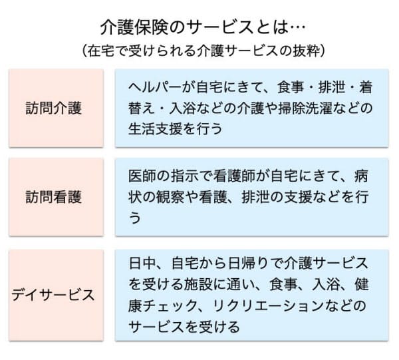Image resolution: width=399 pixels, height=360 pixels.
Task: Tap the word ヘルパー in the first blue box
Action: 155,87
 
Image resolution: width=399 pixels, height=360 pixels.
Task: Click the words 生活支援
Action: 156,128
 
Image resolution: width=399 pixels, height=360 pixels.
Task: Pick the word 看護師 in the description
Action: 234,176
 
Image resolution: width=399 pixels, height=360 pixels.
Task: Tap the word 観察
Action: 170,197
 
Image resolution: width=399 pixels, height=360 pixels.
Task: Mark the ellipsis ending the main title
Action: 297,27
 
